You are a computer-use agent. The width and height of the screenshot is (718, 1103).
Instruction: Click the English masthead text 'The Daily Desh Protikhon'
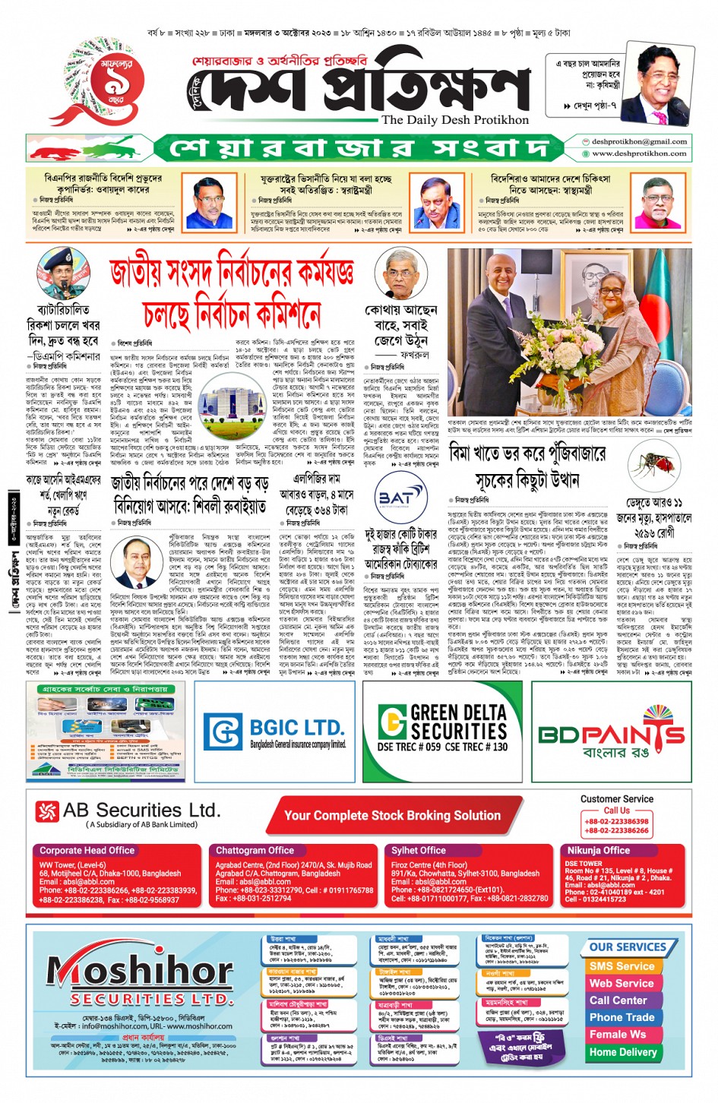click(455, 119)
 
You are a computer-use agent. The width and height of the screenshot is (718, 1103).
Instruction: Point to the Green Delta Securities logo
click(444, 727)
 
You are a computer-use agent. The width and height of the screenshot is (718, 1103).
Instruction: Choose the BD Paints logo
click(612, 732)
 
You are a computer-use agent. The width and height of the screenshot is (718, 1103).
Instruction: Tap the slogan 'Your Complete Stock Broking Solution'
click(392, 815)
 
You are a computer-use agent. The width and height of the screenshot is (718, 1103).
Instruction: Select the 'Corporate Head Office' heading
click(87, 851)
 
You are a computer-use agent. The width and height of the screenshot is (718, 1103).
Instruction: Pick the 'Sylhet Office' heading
click(418, 851)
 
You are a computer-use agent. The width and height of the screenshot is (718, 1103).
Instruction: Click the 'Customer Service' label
click(616, 799)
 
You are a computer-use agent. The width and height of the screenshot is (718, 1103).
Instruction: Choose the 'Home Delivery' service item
click(622, 1052)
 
